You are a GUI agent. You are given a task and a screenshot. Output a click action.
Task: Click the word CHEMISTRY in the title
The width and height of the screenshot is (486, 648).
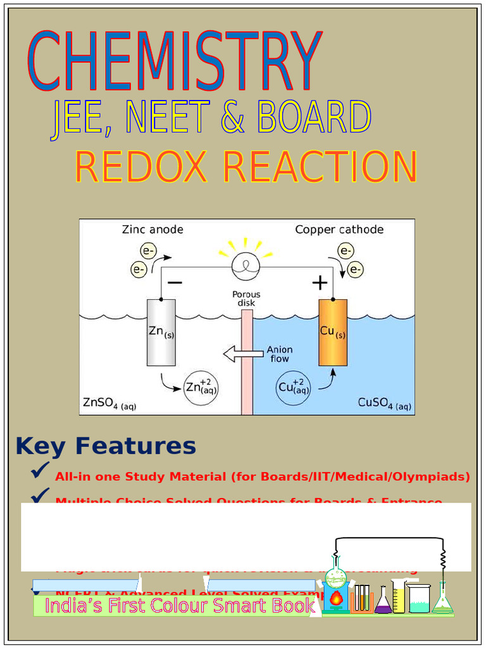175,61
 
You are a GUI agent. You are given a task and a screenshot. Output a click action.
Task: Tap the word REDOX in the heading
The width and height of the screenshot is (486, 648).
140,167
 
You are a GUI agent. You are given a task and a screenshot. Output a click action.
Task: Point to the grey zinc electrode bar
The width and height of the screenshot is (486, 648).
161,332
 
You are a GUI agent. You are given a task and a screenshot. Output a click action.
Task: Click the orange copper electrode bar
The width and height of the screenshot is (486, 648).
333,332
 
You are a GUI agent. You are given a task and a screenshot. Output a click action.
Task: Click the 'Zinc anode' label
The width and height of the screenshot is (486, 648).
153,230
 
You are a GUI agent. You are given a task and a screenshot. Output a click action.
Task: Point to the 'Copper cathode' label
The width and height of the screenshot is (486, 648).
339,230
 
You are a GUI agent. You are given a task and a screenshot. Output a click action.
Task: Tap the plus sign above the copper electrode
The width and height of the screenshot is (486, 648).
320,283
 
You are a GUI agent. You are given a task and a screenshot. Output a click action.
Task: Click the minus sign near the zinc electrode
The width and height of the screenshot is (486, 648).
175,283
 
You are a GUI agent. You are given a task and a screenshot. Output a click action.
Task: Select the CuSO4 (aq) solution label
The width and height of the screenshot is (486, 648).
384,402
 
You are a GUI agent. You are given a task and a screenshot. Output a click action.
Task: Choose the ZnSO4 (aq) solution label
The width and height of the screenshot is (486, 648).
109,402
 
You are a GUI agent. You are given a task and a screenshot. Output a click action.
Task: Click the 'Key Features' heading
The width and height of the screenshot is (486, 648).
106,446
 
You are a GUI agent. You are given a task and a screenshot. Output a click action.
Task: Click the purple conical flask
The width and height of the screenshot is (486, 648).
383,602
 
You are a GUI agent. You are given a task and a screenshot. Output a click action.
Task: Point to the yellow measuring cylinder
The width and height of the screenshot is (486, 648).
399,597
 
